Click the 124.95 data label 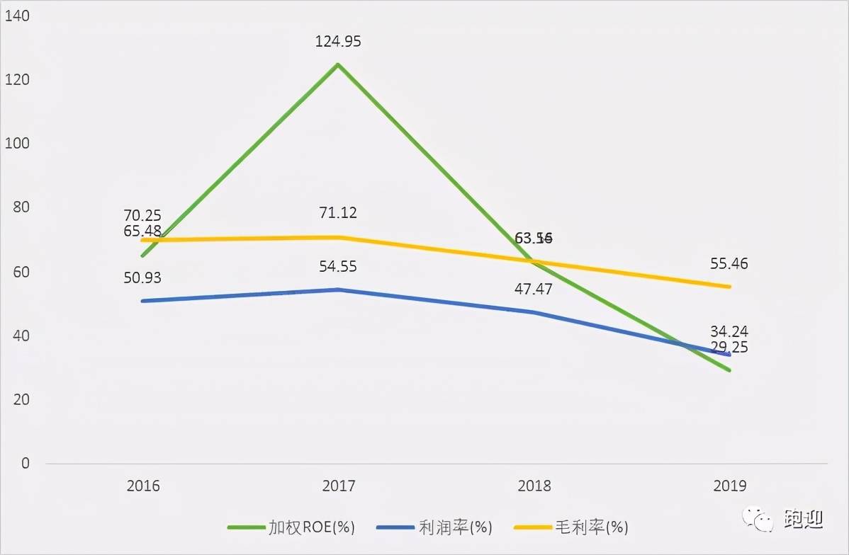pyautogui.click(x=338, y=42)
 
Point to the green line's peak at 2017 pyautogui.click(x=338, y=64)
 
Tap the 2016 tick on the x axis pyautogui.click(x=143, y=486)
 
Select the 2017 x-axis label pyautogui.click(x=338, y=486)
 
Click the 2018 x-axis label pyautogui.click(x=534, y=486)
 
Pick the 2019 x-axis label pyautogui.click(x=729, y=486)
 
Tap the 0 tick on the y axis pyautogui.click(x=26, y=464)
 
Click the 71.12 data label pyautogui.click(x=338, y=213)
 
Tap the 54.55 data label pyautogui.click(x=338, y=267)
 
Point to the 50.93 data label pyautogui.click(x=142, y=278)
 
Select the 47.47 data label pyautogui.click(x=534, y=289)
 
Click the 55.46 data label pyautogui.click(x=729, y=264)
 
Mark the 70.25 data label pyautogui.click(x=142, y=216)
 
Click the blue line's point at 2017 pyautogui.click(x=338, y=290)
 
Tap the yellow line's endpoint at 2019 pyautogui.click(x=729, y=287)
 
